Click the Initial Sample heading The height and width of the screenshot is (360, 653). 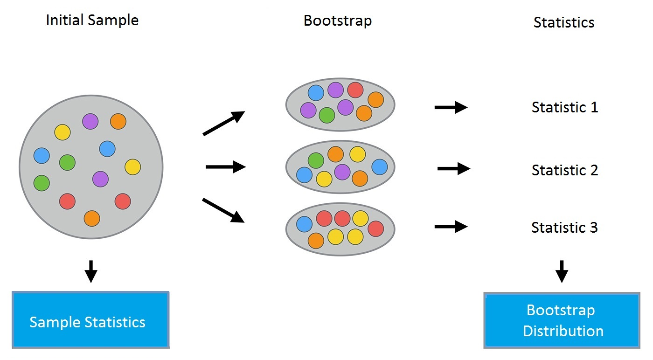[x=92, y=20]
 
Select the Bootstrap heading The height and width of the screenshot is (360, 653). [x=338, y=21]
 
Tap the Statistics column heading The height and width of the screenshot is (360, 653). [x=563, y=22]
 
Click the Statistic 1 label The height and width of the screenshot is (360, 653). [x=564, y=107]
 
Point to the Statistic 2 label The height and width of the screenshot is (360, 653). [x=564, y=170]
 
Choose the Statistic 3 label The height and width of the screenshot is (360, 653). [x=564, y=228]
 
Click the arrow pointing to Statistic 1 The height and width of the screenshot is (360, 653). [x=451, y=108]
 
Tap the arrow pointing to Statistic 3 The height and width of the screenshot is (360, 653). [x=451, y=227]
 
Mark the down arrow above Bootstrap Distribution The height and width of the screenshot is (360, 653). [x=562, y=271]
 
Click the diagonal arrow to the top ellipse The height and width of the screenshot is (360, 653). [x=224, y=123]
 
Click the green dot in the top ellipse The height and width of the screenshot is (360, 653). [x=327, y=115]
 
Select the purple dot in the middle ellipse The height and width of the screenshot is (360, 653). [x=342, y=172]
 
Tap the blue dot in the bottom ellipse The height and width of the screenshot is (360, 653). [x=305, y=224]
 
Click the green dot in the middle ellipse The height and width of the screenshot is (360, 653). [x=316, y=160]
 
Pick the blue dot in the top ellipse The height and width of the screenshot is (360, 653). [x=316, y=93]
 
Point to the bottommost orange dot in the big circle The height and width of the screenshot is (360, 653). [x=92, y=218]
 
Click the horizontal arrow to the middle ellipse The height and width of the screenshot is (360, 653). [x=225, y=166]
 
